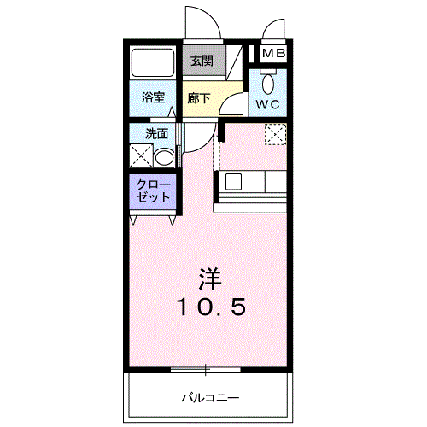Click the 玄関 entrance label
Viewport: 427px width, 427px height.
202,61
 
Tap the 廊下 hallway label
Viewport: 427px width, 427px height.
199,97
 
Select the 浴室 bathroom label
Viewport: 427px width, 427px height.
154,97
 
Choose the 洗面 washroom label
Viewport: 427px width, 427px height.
155,133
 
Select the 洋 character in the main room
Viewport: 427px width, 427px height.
211,278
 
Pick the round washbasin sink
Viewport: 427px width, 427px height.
164,157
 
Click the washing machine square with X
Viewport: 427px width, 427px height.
140,157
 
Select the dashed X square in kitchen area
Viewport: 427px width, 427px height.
274,134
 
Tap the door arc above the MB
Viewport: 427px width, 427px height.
274,29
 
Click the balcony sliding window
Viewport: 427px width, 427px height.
206,370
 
